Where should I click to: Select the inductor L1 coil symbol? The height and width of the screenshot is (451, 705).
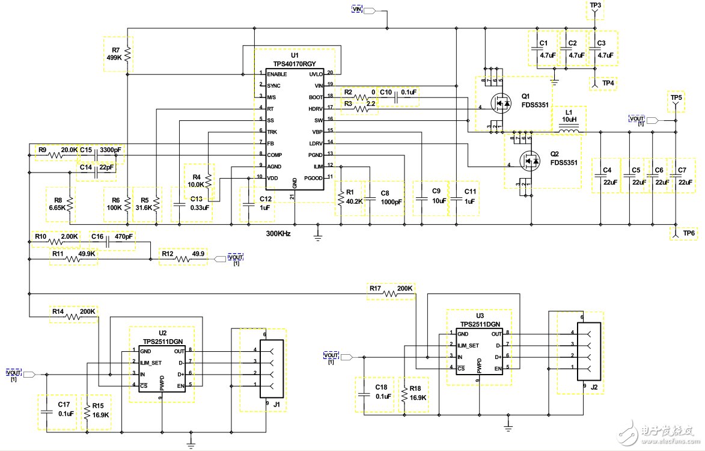pos(567,120)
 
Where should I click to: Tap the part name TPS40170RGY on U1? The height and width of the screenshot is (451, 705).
pos(293,63)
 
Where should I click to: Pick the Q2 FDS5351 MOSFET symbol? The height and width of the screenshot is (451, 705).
pos(529,161)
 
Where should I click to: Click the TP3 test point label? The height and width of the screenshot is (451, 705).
pos(595,5)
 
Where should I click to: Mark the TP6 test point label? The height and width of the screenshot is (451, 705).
pos(689,233)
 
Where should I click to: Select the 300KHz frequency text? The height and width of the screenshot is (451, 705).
pos(278,233)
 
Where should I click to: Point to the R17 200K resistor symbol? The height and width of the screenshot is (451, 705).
pos(391,294)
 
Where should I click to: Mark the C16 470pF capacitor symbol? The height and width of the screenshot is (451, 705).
pos(106,242)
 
